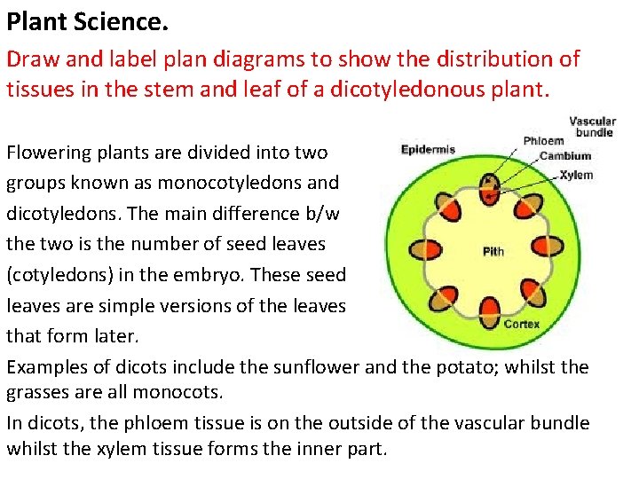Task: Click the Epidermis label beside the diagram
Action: click(428, 149)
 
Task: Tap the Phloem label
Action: click(543, 140)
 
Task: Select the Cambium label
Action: click(564, 157)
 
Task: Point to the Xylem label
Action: click(576, 175)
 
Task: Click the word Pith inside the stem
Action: click(493, 251)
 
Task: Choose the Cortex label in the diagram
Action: click(521, 324)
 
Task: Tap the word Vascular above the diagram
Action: click(592, 122)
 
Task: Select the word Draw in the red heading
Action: click(28, 59)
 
